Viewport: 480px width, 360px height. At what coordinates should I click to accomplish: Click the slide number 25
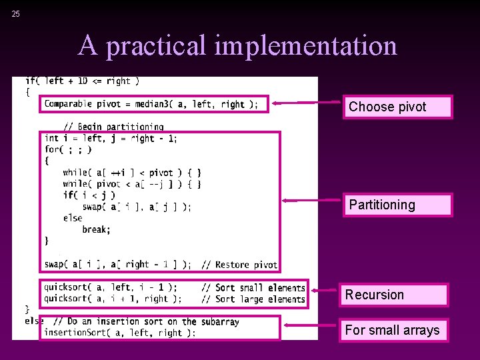pyautogui.click(x=16, y=14)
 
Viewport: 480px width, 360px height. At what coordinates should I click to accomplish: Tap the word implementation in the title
pyautogui.click(x=306, y=46)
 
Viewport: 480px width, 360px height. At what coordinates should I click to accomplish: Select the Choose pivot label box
pyautogui.click(x=397, y=107)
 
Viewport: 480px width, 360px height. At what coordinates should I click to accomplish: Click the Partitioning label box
pyautogui.click(x=397, y=205)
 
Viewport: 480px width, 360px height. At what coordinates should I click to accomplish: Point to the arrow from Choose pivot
pyautogui.click(x=307, y=103)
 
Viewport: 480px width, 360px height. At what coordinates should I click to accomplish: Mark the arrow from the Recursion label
pyautogui.click(x=325, y=290)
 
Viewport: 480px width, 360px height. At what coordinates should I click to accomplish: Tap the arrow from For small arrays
pyautogui.click(x=310, y=325)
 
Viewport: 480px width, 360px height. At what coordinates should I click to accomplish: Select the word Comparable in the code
pyautogui.click(x=68, y=104)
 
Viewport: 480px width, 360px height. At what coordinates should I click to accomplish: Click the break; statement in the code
pyautogui.click(x=95, y=229)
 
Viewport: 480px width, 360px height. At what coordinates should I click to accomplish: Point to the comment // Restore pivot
pyautogui.click(x=239, y=265)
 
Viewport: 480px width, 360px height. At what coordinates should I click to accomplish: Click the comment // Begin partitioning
pyautogui.click(x=113, y=127)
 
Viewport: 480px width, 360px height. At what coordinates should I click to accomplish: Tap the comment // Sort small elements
pyautogui.click(x=253, y=288)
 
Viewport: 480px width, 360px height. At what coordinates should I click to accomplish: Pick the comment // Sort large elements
pyautogui.click(x=253, y=299)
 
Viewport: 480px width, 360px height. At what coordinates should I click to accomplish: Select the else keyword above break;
pyautogui.click(x=73, y=218)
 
